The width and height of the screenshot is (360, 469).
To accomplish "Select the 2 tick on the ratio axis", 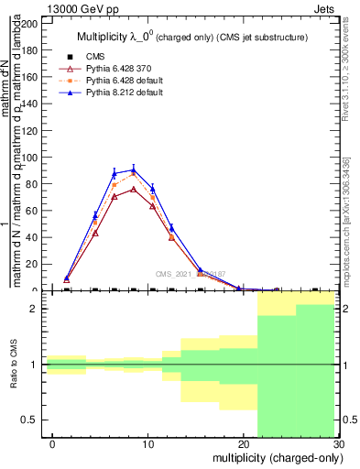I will pyautogui.click(x=37, y=309).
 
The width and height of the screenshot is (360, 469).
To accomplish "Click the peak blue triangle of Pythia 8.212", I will pyautogui.click(x=134, y=169).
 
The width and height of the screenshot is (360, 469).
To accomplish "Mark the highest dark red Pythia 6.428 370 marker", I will pyautogui.click(x=134, y=190).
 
